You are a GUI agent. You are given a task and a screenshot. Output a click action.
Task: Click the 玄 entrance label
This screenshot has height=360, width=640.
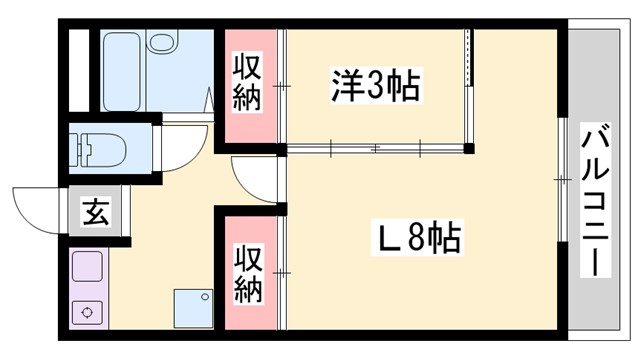(95, 213)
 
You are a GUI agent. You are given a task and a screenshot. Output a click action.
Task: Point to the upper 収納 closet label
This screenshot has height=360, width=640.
(248, 83)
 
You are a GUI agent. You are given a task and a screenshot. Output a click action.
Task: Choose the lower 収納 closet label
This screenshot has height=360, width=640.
(248, 273)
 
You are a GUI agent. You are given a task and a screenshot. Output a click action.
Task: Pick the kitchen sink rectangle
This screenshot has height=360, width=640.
(88, 268)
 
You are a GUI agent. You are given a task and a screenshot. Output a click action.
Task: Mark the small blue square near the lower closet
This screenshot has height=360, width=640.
(193, 307)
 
